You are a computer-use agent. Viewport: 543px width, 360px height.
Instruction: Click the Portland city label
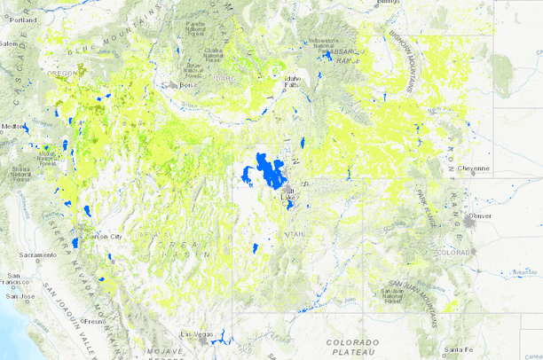click(23, 19)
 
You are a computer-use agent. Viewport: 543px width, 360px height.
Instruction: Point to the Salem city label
click(9, 43)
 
